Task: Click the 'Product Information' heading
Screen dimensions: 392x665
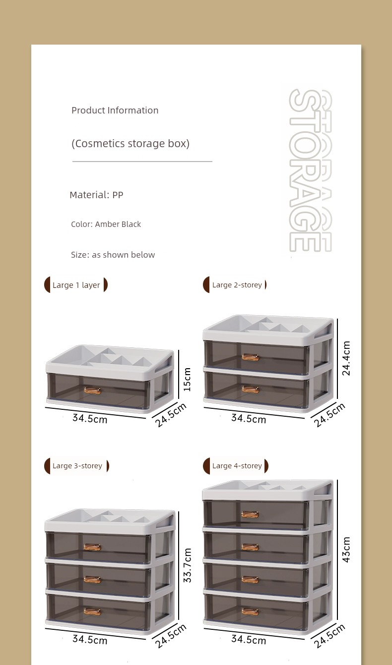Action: (x=115, y=111)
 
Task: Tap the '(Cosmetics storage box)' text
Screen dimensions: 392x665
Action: (x=131, y=143)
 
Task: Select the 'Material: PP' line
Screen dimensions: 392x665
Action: (x=96, y=195)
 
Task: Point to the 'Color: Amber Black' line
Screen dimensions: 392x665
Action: (x=106, y=224)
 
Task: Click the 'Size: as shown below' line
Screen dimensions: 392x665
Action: (x=113, y=255)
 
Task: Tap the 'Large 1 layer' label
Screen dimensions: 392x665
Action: (x=76, y=285)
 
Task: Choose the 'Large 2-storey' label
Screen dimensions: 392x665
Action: (x=237, y=285)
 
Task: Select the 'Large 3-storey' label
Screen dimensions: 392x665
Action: (x=77, y=466)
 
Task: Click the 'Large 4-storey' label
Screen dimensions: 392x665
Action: (x=237, y=466)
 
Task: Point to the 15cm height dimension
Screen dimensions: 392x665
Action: (x=187, y=380)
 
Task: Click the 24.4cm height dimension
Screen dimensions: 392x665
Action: (x=346, y=358)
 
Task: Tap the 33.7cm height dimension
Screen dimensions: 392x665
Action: (x=187, y=565)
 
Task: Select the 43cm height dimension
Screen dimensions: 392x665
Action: (x=346, y=550)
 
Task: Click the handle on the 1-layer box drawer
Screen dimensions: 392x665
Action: (x=92, y=390)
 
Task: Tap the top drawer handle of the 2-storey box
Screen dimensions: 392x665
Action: (x=250, y=357)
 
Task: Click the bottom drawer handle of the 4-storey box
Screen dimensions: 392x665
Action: (x=250, y=611)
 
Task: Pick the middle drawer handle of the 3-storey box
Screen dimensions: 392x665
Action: (x=92, y=579)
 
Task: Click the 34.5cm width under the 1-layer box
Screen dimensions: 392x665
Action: (x=90, y=418)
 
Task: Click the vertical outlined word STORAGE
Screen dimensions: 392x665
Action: (x=310, y=170)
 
